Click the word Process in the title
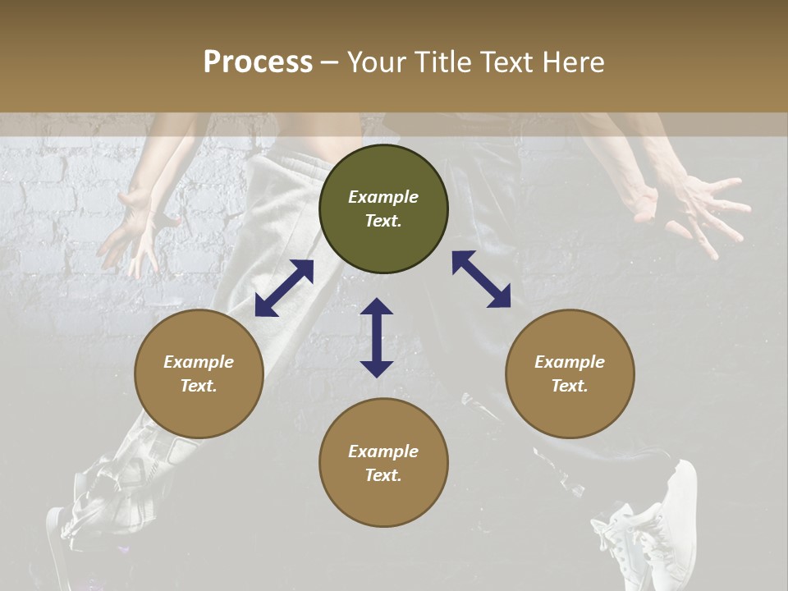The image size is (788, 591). pos(258,62)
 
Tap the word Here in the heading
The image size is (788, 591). pos(573,62)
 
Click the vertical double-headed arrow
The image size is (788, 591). pos(377,337)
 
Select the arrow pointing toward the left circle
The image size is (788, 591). pos(284,288)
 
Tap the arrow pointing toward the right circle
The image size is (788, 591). pos(481,279)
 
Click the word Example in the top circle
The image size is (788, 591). pos(383,197)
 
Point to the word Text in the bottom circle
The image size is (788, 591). pos(383,475)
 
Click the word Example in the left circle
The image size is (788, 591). pos(199,362)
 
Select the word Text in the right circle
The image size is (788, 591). pos(569,386)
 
